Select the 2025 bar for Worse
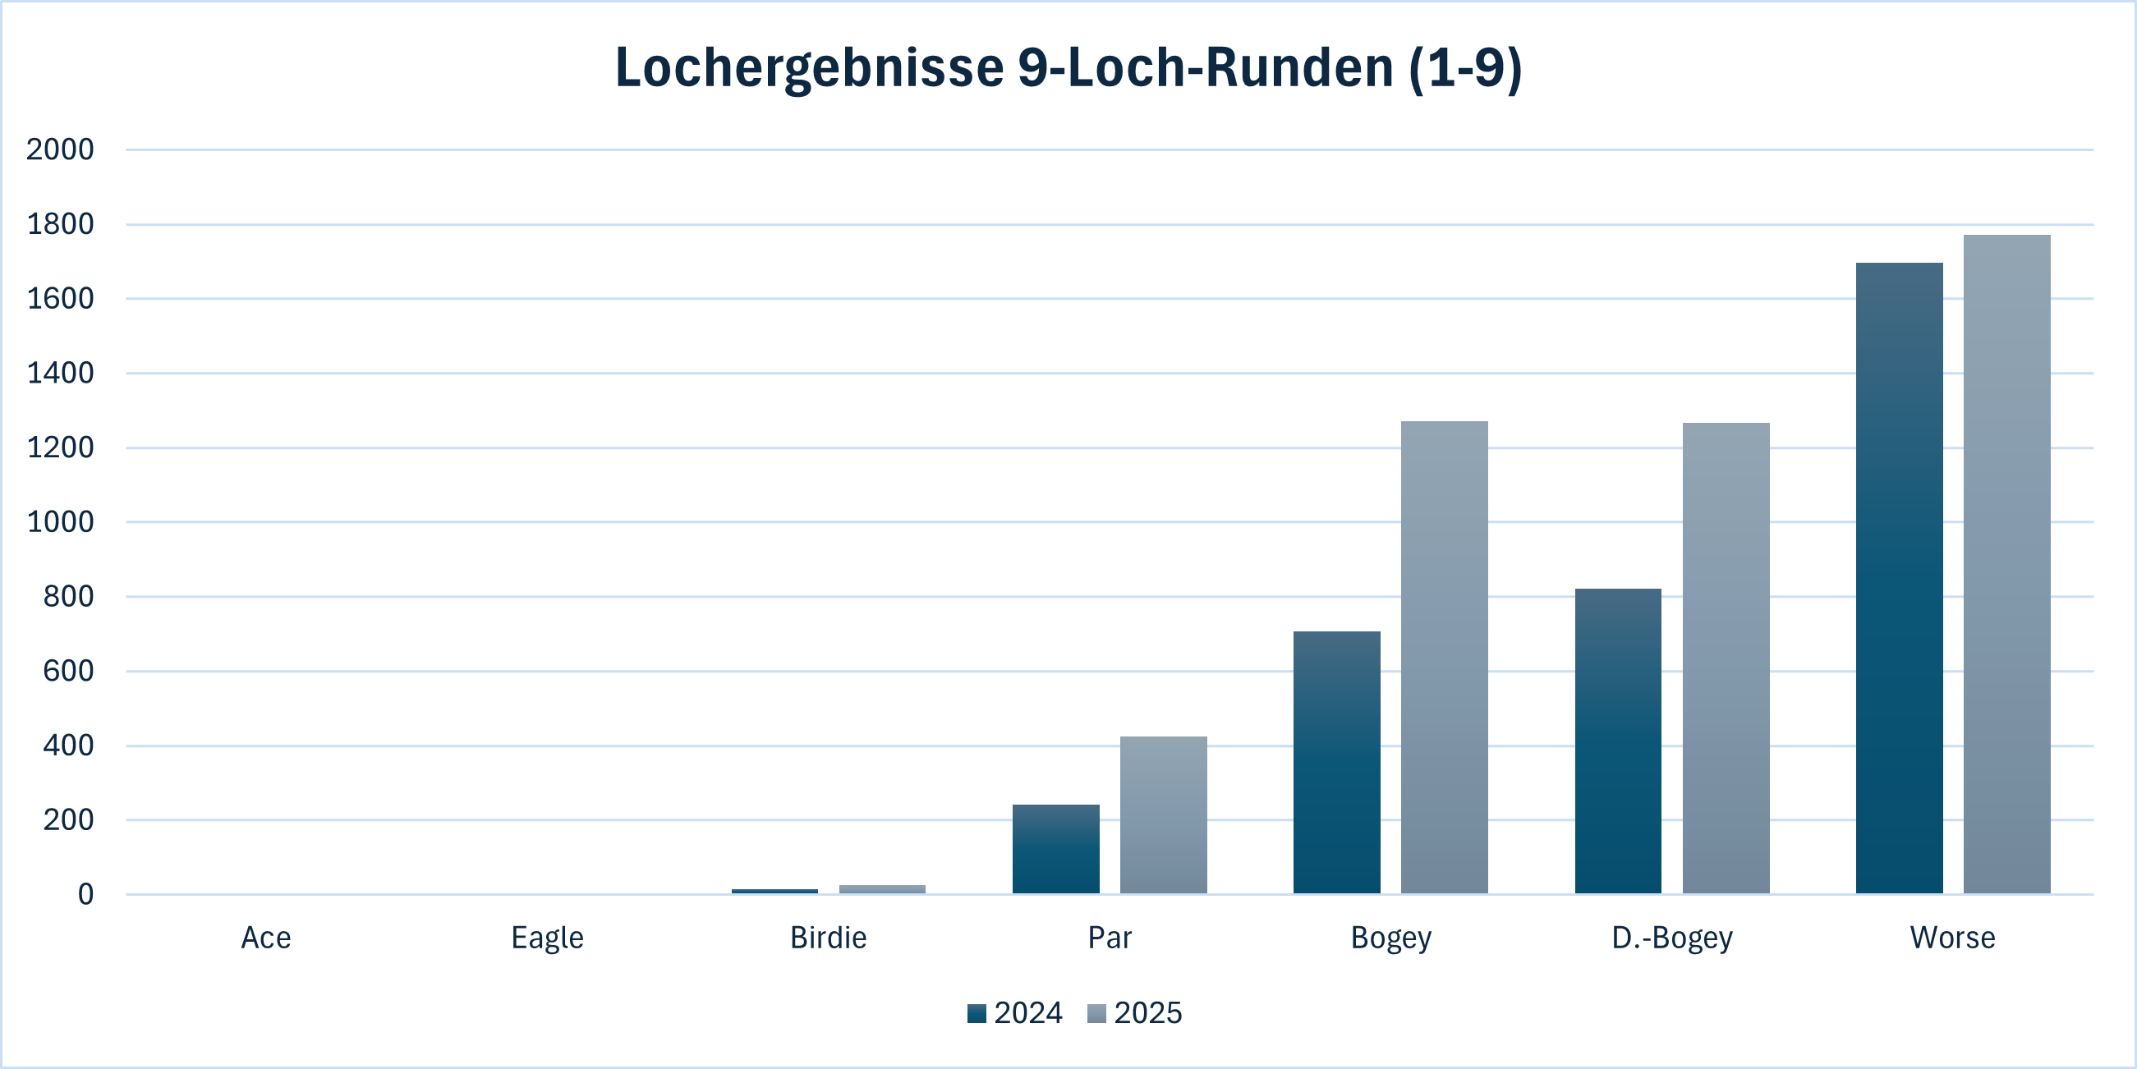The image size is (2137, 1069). [x=2006, y=564]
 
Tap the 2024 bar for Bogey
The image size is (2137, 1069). [x=1336, y=762]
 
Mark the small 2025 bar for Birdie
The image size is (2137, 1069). [x=882, y=889]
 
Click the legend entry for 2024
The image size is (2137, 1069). [x=1014, y=1013]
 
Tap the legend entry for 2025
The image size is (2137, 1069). [x=1135, y=1013]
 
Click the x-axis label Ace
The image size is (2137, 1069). [x=265, y=938]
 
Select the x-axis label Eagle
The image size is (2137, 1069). [x=548, y=938]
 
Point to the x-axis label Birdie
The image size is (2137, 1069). [x=828, y=938]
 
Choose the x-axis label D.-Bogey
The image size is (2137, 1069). [x=1671, y=938]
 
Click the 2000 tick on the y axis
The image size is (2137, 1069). [x=60, y=149]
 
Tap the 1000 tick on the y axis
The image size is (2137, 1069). [x=60, y=521]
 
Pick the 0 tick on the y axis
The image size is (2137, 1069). [x=85, y=894]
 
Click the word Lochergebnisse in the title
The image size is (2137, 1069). [x=809, y=67]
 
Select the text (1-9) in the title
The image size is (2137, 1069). [x=1465, y=67]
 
